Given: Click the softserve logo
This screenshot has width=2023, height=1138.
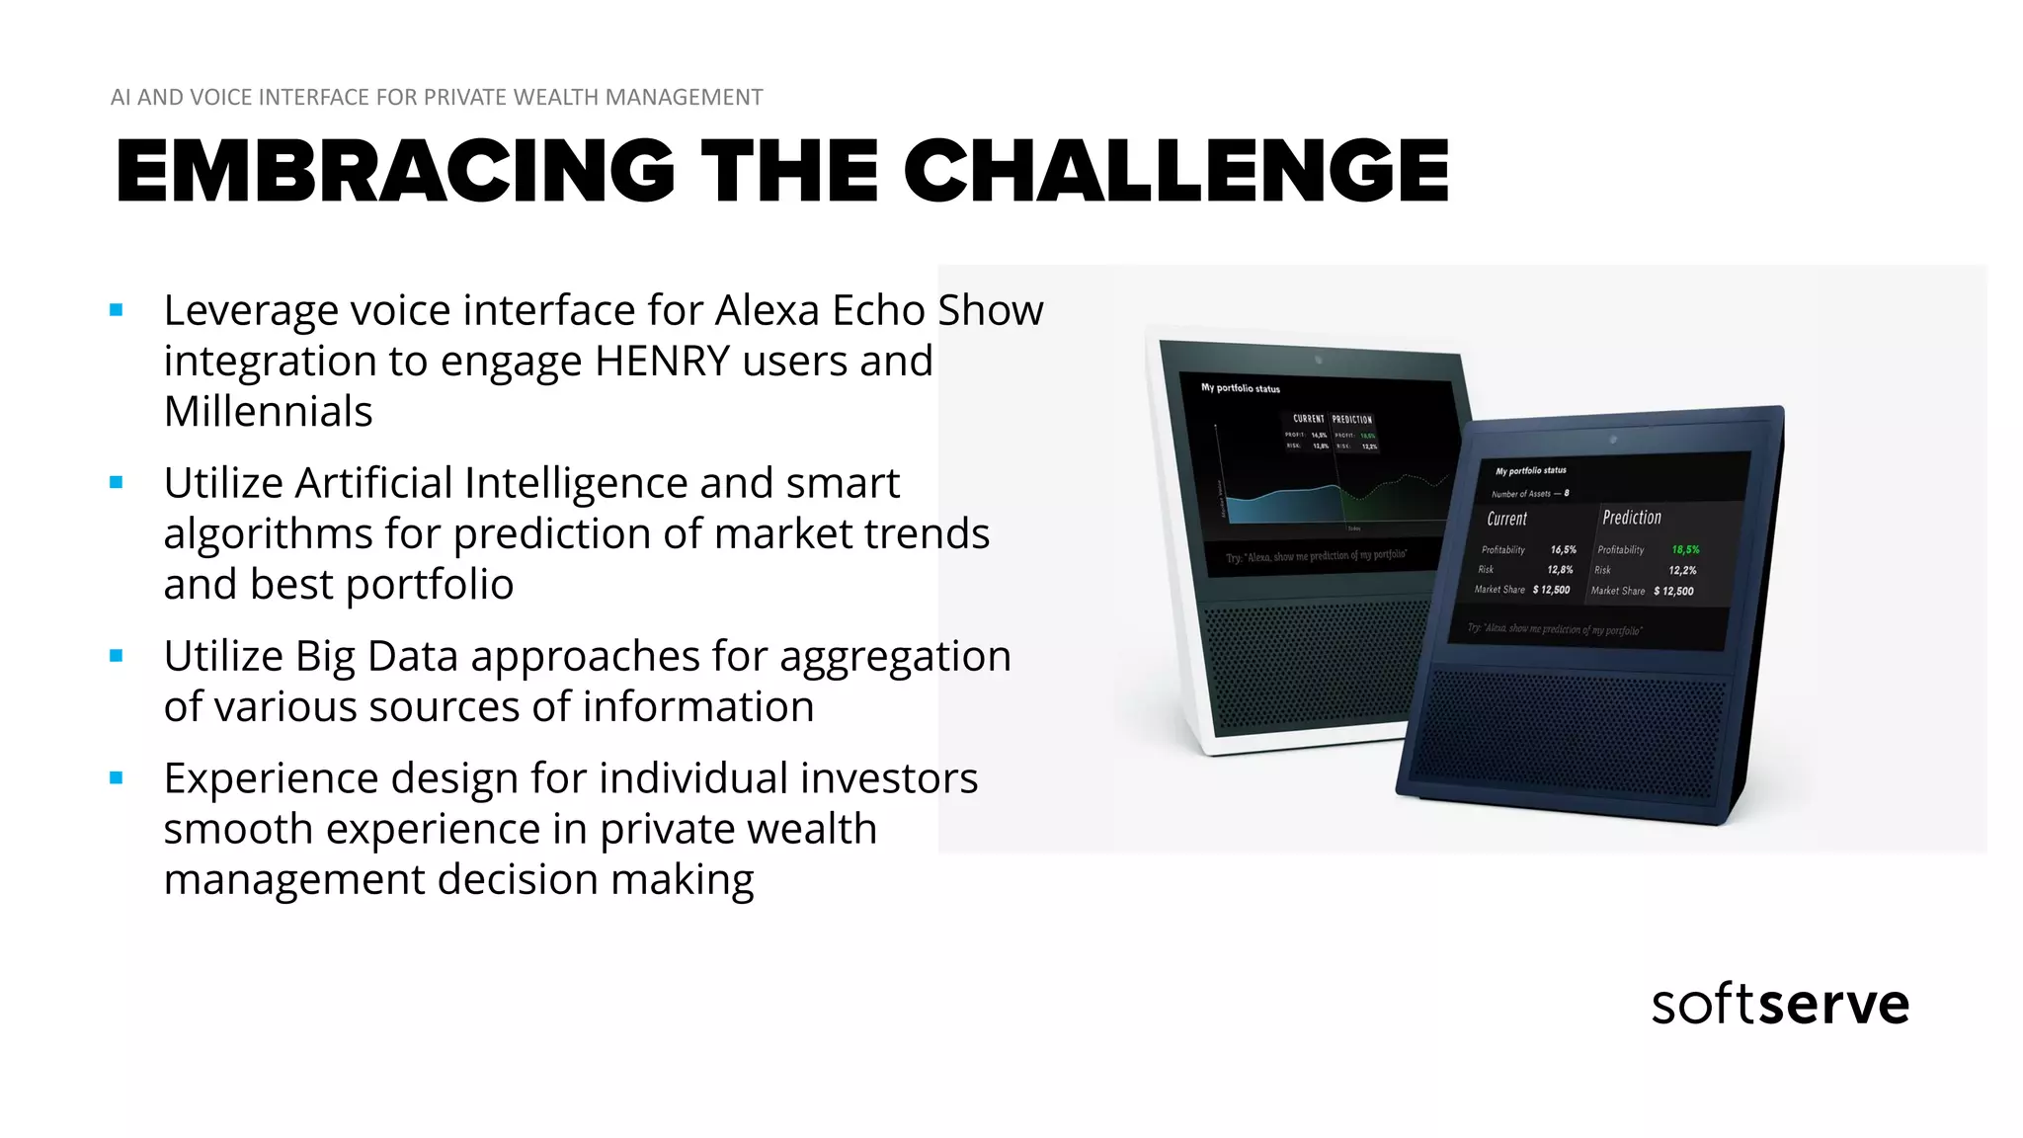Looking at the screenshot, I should point(1780,1005).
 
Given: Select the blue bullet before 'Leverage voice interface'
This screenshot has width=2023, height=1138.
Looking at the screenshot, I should point(117,310).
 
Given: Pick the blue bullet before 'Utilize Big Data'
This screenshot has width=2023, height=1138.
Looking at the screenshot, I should point(117,655).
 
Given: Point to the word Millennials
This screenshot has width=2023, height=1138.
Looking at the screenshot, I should point(268,412).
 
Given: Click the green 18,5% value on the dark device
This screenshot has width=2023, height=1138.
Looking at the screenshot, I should point(1685,549).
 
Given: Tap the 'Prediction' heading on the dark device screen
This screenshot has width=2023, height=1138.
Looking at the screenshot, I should point(1631,518).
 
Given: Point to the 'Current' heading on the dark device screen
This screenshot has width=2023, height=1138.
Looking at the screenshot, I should point(1506,519).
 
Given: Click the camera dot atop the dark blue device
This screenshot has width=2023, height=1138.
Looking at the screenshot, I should point(1613,439).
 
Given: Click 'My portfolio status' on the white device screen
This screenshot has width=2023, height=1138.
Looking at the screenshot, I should point(1240,388).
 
